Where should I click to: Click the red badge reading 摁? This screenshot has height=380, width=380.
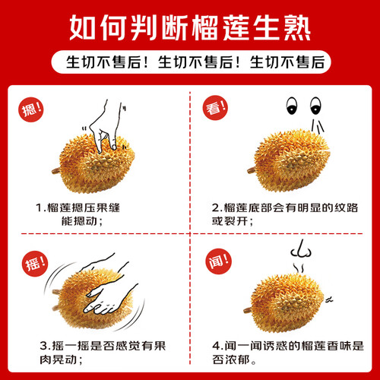click(31, 109)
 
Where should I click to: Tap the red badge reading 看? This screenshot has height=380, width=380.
click(215, 108)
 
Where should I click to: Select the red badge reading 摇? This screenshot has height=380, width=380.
click(35, 264)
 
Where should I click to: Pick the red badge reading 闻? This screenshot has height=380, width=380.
click(218, 261)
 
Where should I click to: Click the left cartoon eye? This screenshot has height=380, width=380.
click(291, 106)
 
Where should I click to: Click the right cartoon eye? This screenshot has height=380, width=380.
click(315, 106)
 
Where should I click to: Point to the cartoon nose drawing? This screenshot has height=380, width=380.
click(301, 249)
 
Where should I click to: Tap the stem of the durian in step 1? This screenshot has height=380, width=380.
click(56, 171)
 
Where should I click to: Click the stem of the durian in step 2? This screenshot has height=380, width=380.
click(252, 170)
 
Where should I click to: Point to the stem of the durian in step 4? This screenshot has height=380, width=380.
click(249, 310)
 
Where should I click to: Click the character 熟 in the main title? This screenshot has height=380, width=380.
click(296, 27)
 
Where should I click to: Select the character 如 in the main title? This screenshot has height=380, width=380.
click(83, 27)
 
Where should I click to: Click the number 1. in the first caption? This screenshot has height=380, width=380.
click(40, 208)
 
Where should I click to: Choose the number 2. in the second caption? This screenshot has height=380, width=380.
click(217, 208)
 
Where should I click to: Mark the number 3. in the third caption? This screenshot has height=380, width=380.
click(45, 346)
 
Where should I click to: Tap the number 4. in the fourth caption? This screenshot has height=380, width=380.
click(218, 346)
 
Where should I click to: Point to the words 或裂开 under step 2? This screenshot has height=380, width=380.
click(230, 221)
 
